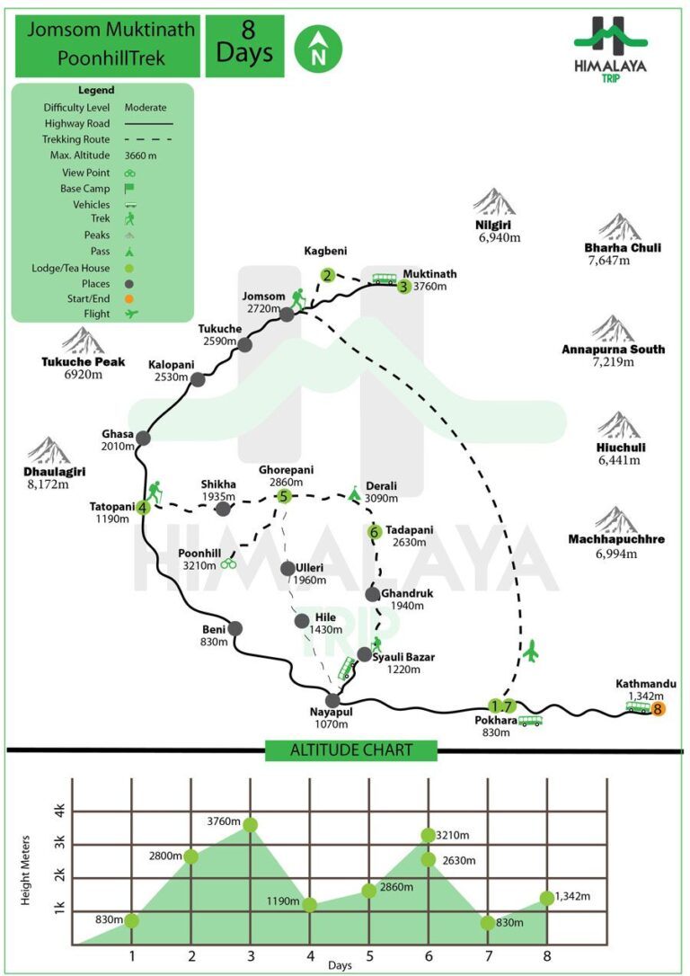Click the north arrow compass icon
(318, 49)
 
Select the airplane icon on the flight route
(530, 651)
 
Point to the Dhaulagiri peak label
(55, 472)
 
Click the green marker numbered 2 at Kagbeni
(328, 274)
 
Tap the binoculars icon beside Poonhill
(229, 563)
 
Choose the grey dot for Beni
(235, 628)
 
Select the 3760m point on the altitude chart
(250, 825)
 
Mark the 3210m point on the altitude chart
(428, 835)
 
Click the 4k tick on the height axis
(59, 811)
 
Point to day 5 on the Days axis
(369, 955)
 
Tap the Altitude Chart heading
(351, 750)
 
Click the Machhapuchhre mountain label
(616, 539)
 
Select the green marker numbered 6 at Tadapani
(374, 532)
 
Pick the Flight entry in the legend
(96, 314)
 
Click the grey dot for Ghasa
(143, 438)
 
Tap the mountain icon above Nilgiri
(494, 201)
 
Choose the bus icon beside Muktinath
(385, 279)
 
